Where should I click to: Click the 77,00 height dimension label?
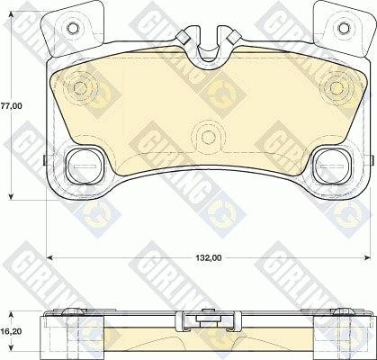[11, 106]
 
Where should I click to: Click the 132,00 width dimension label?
[209, 257]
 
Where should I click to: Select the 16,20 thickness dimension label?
[11, 331]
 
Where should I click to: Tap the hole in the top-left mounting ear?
[72, 28]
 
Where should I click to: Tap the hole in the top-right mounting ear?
[344, 28]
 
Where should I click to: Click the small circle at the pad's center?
[208, 137]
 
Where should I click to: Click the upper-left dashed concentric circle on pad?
[80, 87]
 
